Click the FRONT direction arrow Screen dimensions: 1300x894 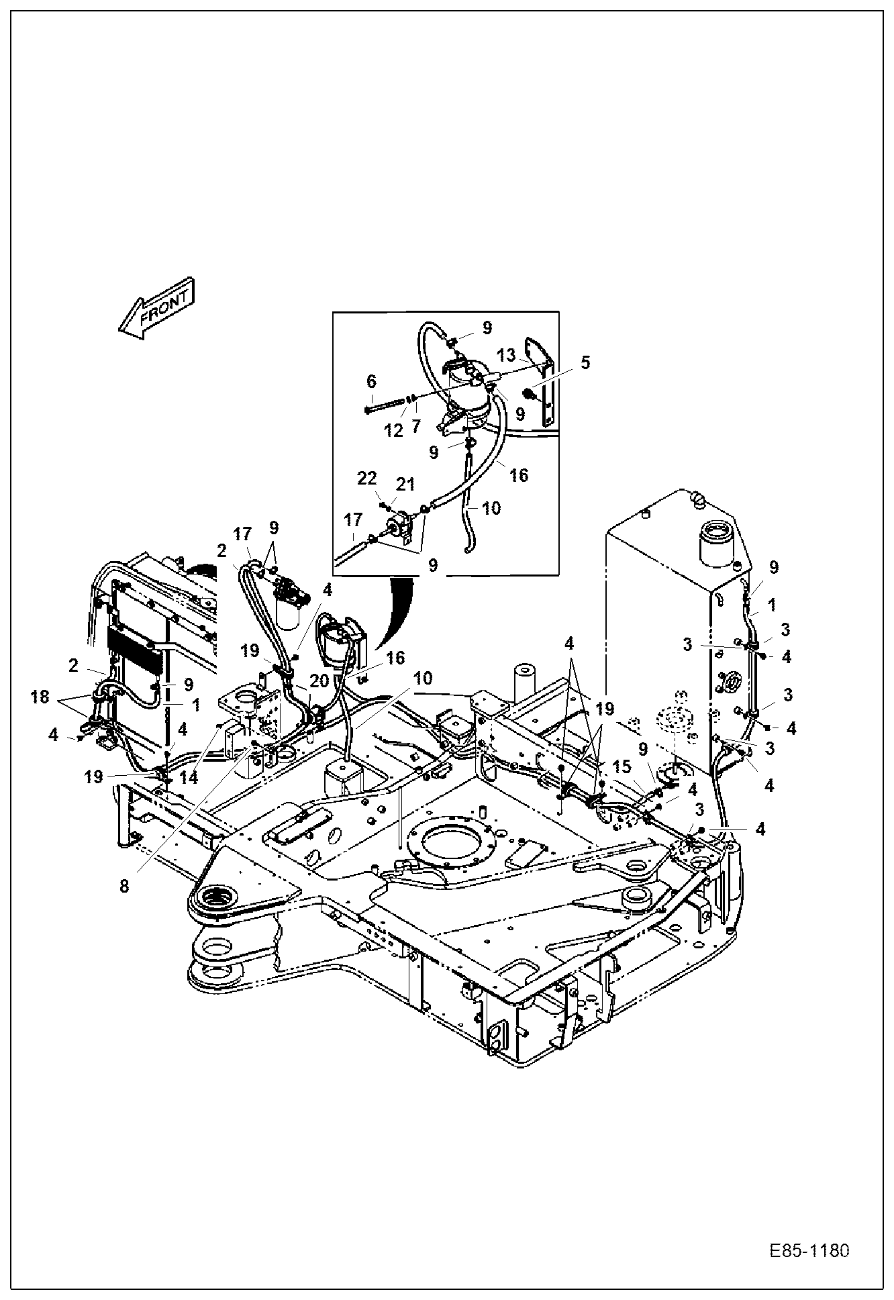(156, 308)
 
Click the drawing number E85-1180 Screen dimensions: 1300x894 (809, 1252)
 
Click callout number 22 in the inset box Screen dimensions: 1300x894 (366, 479)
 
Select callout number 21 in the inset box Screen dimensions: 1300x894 (405, 484)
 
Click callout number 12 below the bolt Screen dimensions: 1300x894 (393, 430)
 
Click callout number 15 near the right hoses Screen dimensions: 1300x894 (622, 766)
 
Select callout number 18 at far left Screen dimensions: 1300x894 (40, 697)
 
